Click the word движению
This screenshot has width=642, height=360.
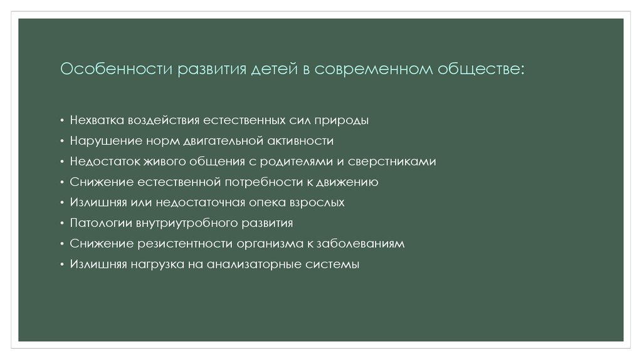pyautogui.click(x=349, y=183)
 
